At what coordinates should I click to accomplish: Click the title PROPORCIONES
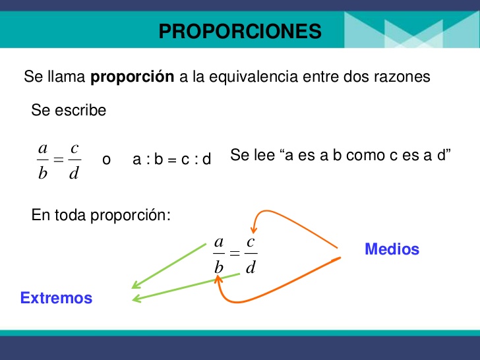pyautogui.click(x=240, y=31)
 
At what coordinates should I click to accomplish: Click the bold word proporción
pyautogui.click(x=132, y=76)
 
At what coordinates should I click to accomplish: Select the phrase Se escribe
pyautogui.click(x=69, y=110)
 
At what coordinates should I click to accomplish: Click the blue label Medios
pyautogui.click(x=392, y=249)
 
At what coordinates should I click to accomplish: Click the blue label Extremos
pyautogui.click(x=56, y=298)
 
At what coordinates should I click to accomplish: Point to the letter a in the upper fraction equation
pyautogui.click(x=43, y=148)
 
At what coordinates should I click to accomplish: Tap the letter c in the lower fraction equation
pyautogui.click(x=251, y=242)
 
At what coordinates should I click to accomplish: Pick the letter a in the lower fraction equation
pyautogui.click(x=219, y=242)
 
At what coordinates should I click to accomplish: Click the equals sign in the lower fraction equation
pyautogui.click(x=235, y=255)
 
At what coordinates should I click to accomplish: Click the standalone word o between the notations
pyautogui.click(x=106, y=160)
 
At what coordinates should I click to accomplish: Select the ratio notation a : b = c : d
pyautogui.click(x=171, y=160)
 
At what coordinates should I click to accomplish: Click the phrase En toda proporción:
pyautogui.click(x=101, y=215)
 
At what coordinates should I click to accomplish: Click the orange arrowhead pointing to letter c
pyautogui.click(x=251, y=227)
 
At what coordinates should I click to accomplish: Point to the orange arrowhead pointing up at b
pyautogui.click(x=218, y=282)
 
